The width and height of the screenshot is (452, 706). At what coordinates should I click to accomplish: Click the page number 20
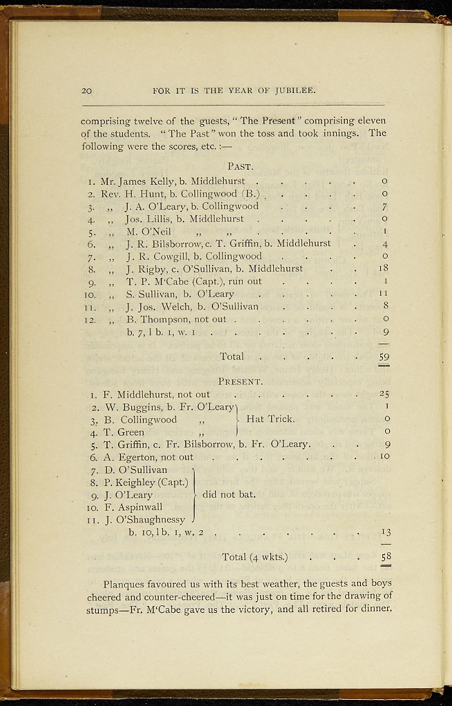tap(87, 90)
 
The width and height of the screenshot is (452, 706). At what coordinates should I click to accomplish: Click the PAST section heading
tap(240, 166)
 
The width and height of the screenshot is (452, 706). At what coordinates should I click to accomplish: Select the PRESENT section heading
tap(240, 381)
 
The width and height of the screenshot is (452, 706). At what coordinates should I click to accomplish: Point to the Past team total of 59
tap(384, 356)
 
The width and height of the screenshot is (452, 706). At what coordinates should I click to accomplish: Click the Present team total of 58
tap(385, 556)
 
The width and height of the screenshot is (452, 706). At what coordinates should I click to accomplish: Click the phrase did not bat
tap(229, 494)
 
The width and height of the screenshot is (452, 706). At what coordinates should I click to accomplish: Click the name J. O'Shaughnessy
tap(145, 519)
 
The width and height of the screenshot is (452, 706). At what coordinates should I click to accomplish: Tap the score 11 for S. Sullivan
tap(384, 294)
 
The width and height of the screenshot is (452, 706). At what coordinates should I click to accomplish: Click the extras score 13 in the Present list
tap(386, 532)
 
